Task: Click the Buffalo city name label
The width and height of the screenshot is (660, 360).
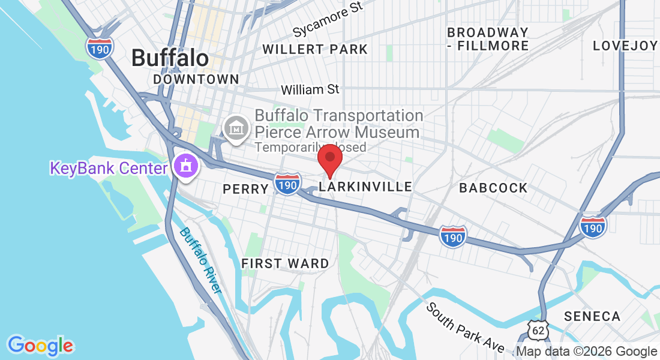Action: pyautogui.click(x=170, y=58)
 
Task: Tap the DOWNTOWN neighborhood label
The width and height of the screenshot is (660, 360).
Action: pyautogui.click(x=196, y=79)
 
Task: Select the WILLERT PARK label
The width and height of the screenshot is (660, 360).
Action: pyautogui.click(x=315, y=49)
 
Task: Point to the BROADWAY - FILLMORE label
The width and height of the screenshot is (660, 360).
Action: pyautogui.click(x=488, y=39)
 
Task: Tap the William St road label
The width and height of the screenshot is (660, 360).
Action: pyautogui.click(x=310, y=89)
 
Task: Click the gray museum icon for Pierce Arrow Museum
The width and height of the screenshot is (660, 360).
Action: pyautogui.click(x=236, y=128)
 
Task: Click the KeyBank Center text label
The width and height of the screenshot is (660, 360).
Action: pyautogui.click(x=108, y=168)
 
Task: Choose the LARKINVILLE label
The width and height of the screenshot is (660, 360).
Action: pyautogui.click(x=365, y=187)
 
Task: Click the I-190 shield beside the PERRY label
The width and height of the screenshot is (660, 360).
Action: pyautogui.click(x=287, y=184)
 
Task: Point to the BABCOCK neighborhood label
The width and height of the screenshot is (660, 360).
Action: pyautogui.click(x=493, y=188)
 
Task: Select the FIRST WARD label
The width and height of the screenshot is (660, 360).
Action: pyautogui.click(x=285, y=263)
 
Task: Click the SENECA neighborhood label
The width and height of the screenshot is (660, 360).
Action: pyautogui.click(x=592, y=316)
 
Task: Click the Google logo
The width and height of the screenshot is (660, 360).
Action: pyautogui.click(x=40, y=346)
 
